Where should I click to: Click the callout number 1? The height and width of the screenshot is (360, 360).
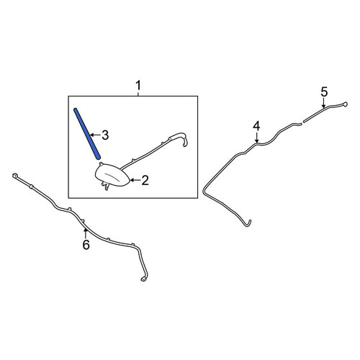click(138, 86)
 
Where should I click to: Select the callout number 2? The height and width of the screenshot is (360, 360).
click(145, 180)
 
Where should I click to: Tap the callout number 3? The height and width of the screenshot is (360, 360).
click(105, 135)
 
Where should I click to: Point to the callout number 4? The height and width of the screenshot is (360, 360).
click(256, 126)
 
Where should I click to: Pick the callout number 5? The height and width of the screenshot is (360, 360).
click(324, 92)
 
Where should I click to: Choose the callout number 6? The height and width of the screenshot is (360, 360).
click(86, 245)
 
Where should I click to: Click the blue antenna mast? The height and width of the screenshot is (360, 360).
click(87, 133)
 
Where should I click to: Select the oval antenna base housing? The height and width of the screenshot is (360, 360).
click(112, 175)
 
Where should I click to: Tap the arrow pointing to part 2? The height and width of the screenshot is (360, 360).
click(135, 180)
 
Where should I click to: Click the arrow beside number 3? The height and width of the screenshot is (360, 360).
click(95, 135)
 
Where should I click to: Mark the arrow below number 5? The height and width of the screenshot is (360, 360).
click(324, 103)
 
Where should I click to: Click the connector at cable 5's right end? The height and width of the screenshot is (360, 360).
click(345, 104)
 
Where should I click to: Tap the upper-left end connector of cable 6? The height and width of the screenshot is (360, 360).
click(14, 176)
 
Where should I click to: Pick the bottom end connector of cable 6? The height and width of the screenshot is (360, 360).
click(143, 279)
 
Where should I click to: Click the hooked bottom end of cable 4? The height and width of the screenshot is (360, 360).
click(248, 224)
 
